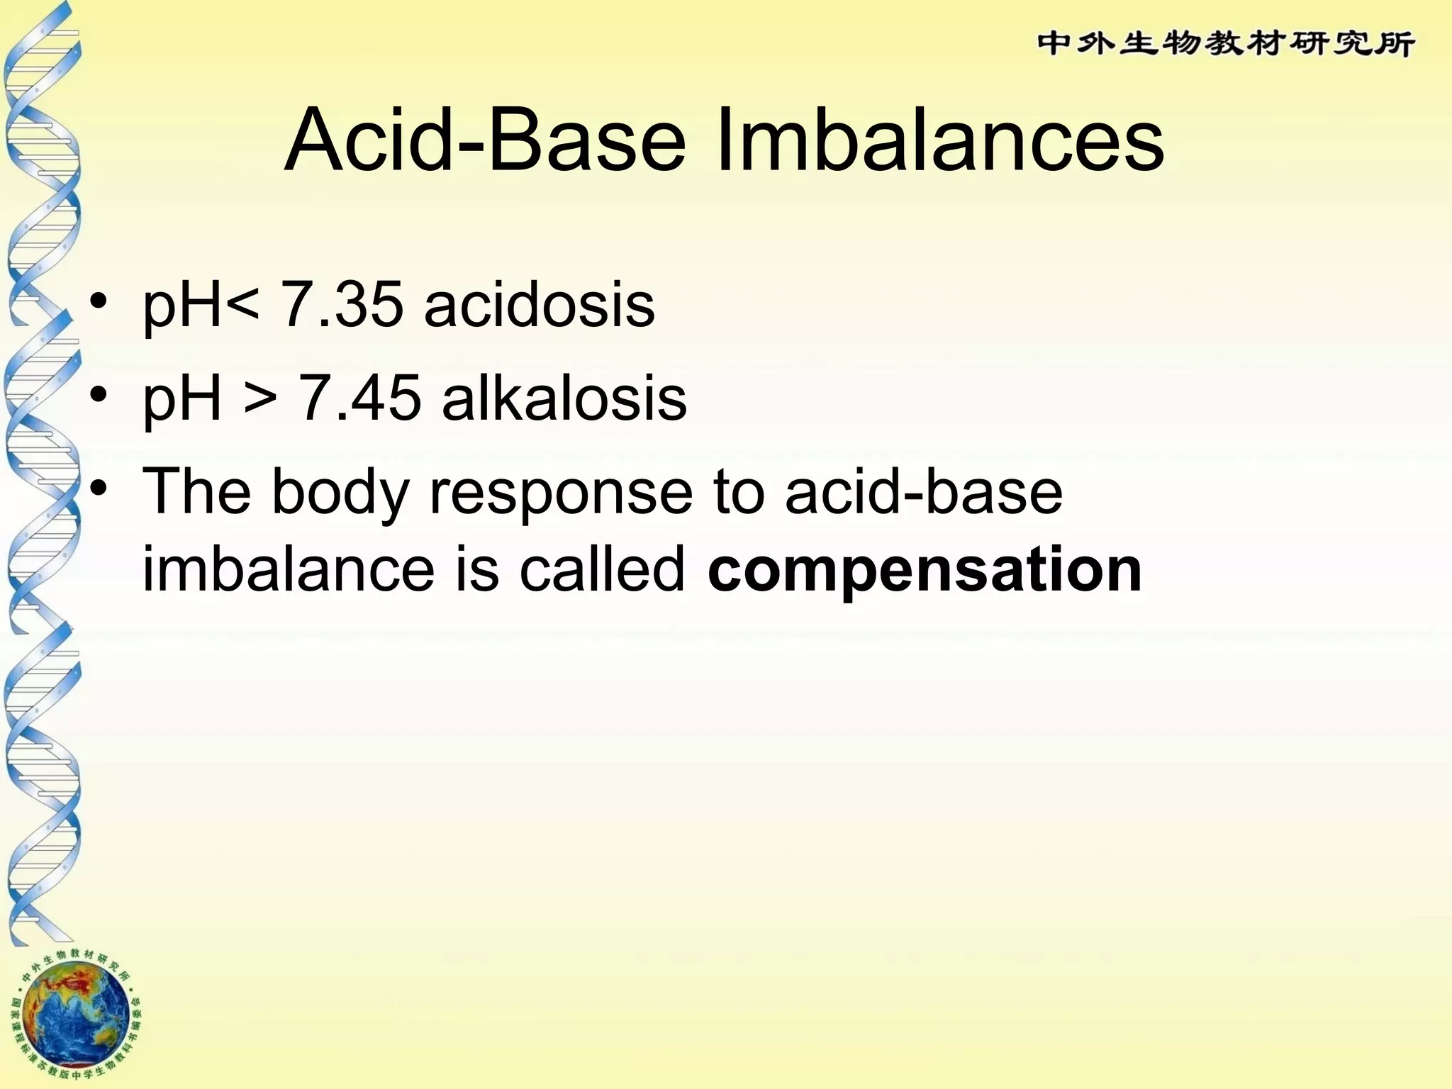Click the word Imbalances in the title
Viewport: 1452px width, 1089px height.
coord(940,140)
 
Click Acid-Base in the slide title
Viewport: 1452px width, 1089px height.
coord(485,140)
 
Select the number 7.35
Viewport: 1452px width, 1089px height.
coord(342,305)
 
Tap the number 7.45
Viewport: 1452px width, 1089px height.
coord(359,398)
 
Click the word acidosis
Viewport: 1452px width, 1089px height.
coord(540,305)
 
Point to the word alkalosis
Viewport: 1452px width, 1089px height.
coord(564,398)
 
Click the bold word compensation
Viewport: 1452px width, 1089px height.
coord(925,569)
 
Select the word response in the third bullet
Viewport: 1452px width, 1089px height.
coord(561,494)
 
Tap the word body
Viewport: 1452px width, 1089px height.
coord(340,494)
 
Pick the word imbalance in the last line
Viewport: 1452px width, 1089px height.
coord(288,569)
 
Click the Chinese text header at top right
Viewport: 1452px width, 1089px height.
coord(1226,44)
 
